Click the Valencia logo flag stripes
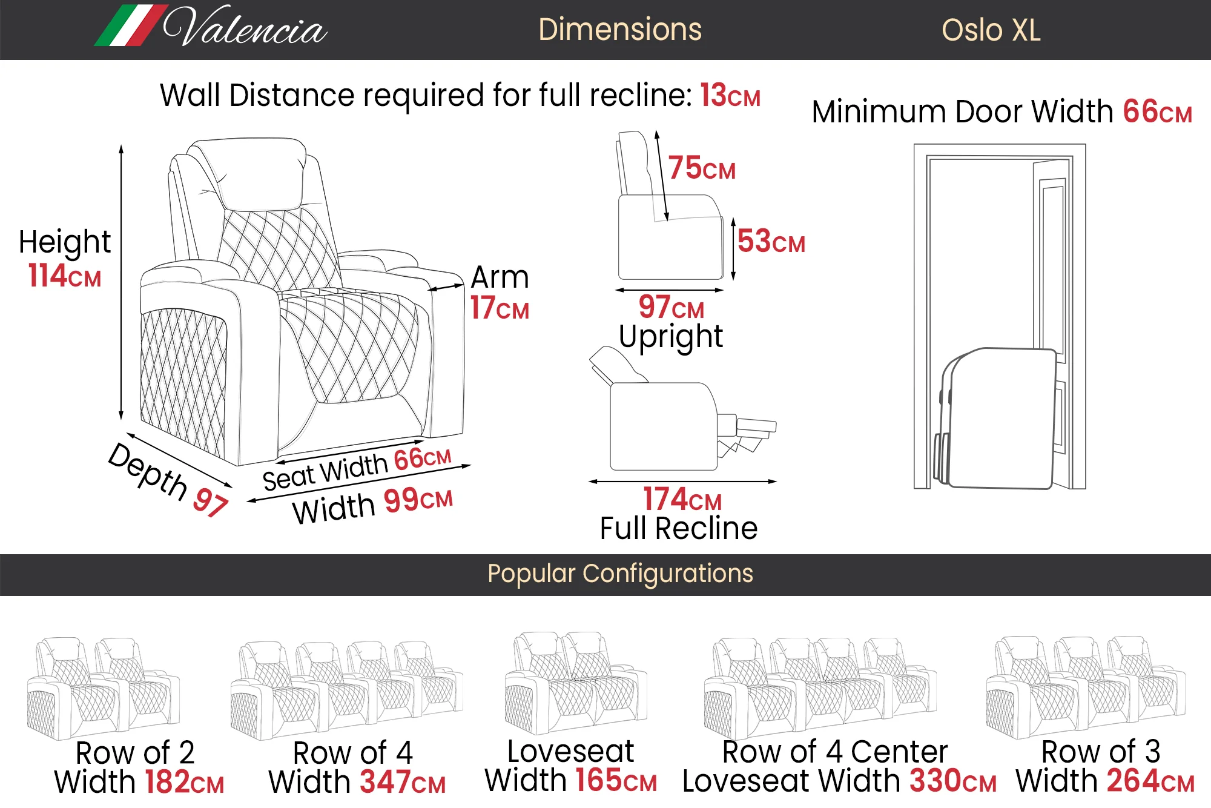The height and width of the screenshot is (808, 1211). coord(131,25)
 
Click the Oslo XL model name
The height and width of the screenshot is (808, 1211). coord(991,30)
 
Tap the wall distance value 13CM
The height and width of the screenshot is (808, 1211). coord(730,95)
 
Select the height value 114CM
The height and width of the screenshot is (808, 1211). coord(65,275)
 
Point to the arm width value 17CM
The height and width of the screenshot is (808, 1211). coord(500,308)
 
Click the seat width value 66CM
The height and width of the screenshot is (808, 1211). coord(423,459)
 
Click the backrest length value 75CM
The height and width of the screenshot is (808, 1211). coord(702,168)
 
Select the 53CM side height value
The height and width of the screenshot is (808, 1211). coord(771,241)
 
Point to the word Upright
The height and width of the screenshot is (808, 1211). coord(671,337)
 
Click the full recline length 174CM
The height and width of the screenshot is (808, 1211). coord(682,499)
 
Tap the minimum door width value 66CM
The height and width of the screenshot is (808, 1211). coord(1158,111)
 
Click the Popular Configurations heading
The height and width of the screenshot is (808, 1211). coord(620,574)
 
